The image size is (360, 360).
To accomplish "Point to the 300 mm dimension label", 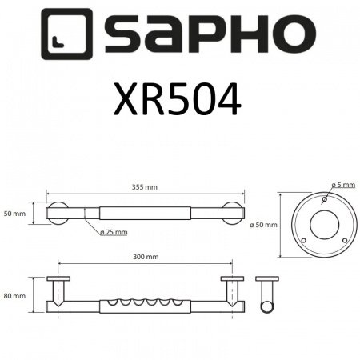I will click(146, 258).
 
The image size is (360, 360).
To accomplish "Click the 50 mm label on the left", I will click(15, 214).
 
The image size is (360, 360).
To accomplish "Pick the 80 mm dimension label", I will click(15, 295).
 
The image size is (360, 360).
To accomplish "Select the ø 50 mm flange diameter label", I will click(266, 224).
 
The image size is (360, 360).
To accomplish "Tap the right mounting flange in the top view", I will click(233, 214).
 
